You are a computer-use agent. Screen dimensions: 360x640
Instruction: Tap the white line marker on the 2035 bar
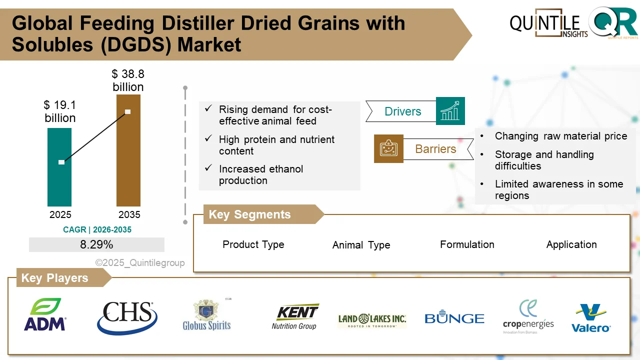[127, 111]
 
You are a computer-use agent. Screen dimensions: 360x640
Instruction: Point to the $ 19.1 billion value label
[60, 111]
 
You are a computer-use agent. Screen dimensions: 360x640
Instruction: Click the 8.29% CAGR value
[96, 244]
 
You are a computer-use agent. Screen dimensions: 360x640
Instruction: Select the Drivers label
[402, 111]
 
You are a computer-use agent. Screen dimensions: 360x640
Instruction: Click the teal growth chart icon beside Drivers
[450, 111]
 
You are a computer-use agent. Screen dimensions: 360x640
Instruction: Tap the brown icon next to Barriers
[388, 148]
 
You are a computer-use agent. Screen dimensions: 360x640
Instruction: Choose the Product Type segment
[253, 244]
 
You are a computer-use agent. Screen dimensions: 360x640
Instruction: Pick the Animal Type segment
[361, 245]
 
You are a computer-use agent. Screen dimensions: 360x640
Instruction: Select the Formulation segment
[467, 244]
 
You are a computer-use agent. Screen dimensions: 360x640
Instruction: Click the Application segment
[571, 244]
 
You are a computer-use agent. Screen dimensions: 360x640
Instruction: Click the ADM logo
[45, 315]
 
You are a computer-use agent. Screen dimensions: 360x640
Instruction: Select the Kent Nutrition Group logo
[295, 317]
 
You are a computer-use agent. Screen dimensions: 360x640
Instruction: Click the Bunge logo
[454, 318]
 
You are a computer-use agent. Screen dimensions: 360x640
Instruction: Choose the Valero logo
[591, 318]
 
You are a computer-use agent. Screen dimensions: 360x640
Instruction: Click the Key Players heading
[54, 278]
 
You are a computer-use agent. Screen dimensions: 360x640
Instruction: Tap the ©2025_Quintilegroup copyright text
[140, 262]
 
